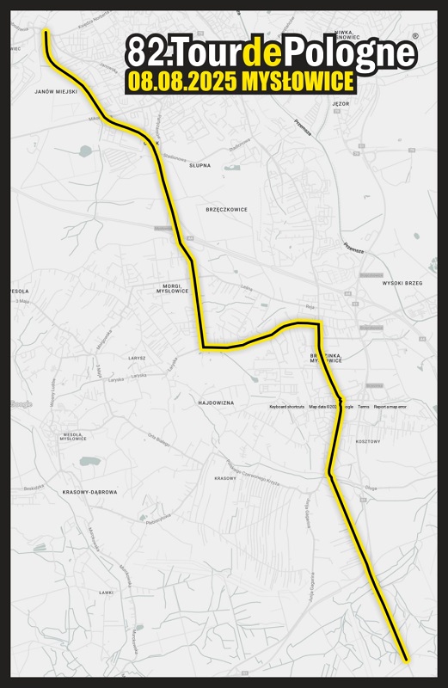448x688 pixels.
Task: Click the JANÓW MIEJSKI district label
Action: [56, 90]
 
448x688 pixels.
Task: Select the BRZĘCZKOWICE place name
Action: [227, 209]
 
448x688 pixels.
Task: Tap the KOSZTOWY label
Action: [367, 441]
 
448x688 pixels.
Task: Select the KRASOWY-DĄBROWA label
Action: [90, 492]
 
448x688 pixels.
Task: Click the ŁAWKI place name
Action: [107, 593]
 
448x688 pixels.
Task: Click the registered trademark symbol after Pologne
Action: [415, 37]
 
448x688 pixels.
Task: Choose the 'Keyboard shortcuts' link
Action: [286, 407]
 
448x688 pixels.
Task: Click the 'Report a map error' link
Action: [390, 407]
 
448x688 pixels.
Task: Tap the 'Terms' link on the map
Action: [364, 407]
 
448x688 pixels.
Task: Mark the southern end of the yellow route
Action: [406, 660]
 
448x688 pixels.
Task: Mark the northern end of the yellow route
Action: [45, 32]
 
